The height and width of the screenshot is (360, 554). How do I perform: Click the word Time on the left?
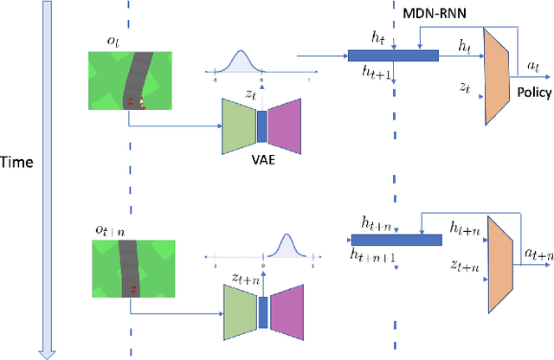point(16,162)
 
